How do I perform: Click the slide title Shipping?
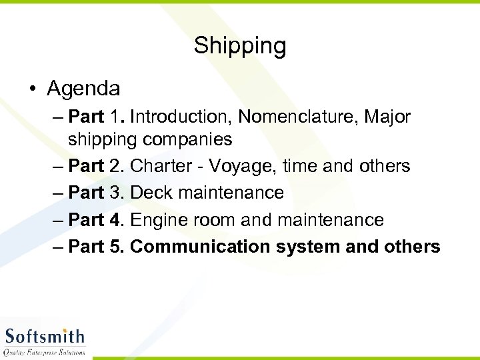click(x=240, y=46)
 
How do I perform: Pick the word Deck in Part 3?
click(x=151, y=193)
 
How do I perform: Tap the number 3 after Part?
click(x=116, y=193)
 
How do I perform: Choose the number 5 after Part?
click(x=116, y=247)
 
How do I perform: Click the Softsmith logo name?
click(x=45, y=336)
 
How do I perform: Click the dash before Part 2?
click(x=57, y=167)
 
